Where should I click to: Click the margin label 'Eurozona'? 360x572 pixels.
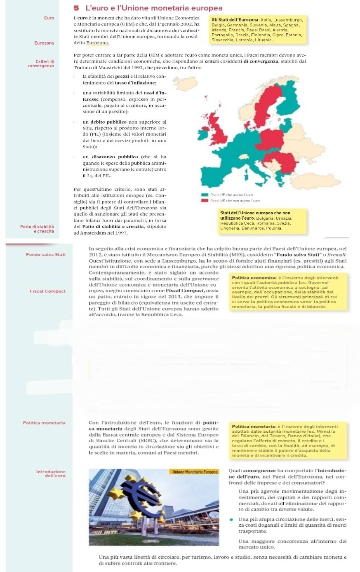pos(44,43)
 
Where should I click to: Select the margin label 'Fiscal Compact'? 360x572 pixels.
pos(47,291)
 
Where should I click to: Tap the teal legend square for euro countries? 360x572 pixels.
pos(204,195)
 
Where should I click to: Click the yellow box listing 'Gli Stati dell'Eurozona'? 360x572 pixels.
pos(257,29)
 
